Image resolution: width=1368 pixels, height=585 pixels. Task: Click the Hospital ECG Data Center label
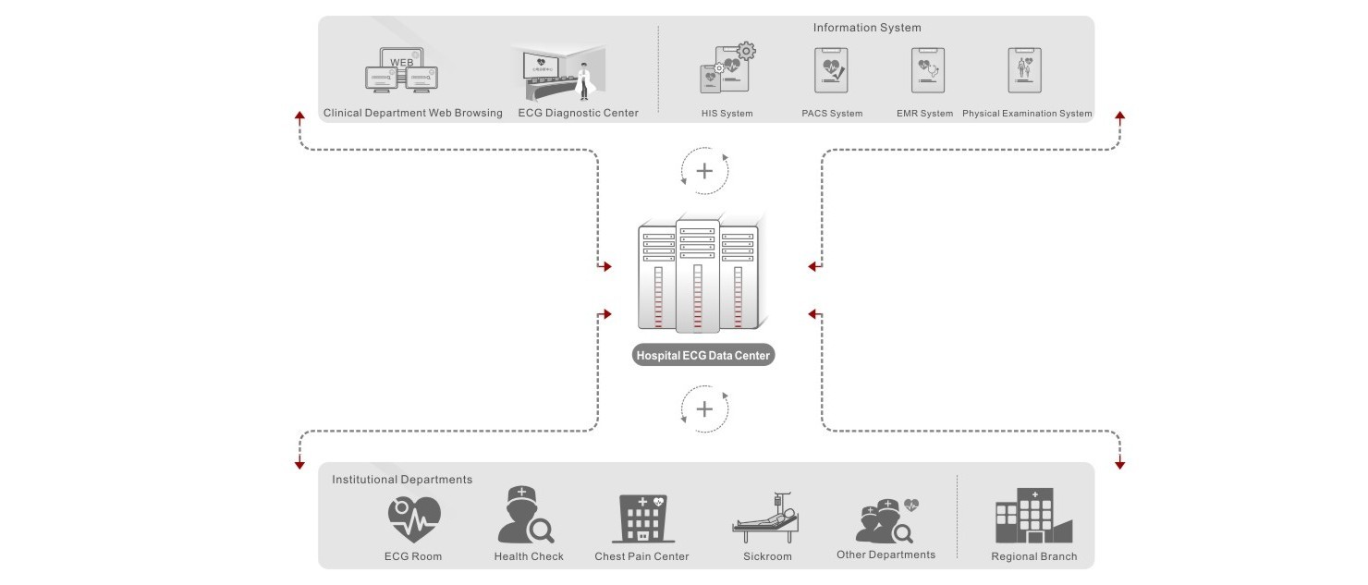[x=702, y=356]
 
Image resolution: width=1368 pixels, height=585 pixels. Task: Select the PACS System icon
[x=831, y=70]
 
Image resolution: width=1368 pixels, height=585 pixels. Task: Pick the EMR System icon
[x=927, y=70]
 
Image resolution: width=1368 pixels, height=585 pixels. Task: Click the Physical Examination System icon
[x=1024, y=70]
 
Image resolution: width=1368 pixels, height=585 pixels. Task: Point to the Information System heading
[x=867, y=28]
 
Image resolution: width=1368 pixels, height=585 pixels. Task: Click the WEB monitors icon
[x=404, y=71]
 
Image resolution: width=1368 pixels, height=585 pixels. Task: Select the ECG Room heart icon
[x=413, y=518]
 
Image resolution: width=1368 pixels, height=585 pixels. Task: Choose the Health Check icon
[x=525, y=516]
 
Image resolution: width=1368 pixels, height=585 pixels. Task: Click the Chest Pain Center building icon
[x=643, y=518]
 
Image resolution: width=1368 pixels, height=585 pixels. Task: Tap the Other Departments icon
[x=886, y=520]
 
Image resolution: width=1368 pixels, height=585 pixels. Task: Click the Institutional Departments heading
[x=402, y=480]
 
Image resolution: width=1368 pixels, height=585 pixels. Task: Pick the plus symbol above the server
[x=704, y=171]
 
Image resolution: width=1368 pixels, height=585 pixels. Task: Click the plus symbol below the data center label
[x=704, y=408]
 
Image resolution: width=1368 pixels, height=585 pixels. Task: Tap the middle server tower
[x=697, y=275]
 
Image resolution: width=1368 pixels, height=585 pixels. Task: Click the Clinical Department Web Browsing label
[x=412, y=114]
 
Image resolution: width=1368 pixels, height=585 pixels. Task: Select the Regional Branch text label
[x=1033, y=557]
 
